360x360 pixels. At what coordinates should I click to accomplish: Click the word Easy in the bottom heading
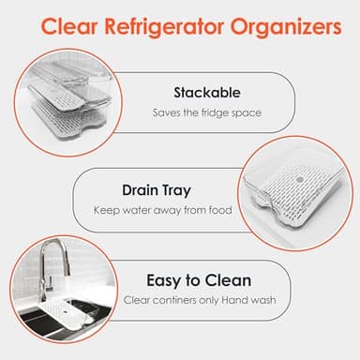[167, 279]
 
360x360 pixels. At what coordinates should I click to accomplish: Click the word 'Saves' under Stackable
[167, 112]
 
